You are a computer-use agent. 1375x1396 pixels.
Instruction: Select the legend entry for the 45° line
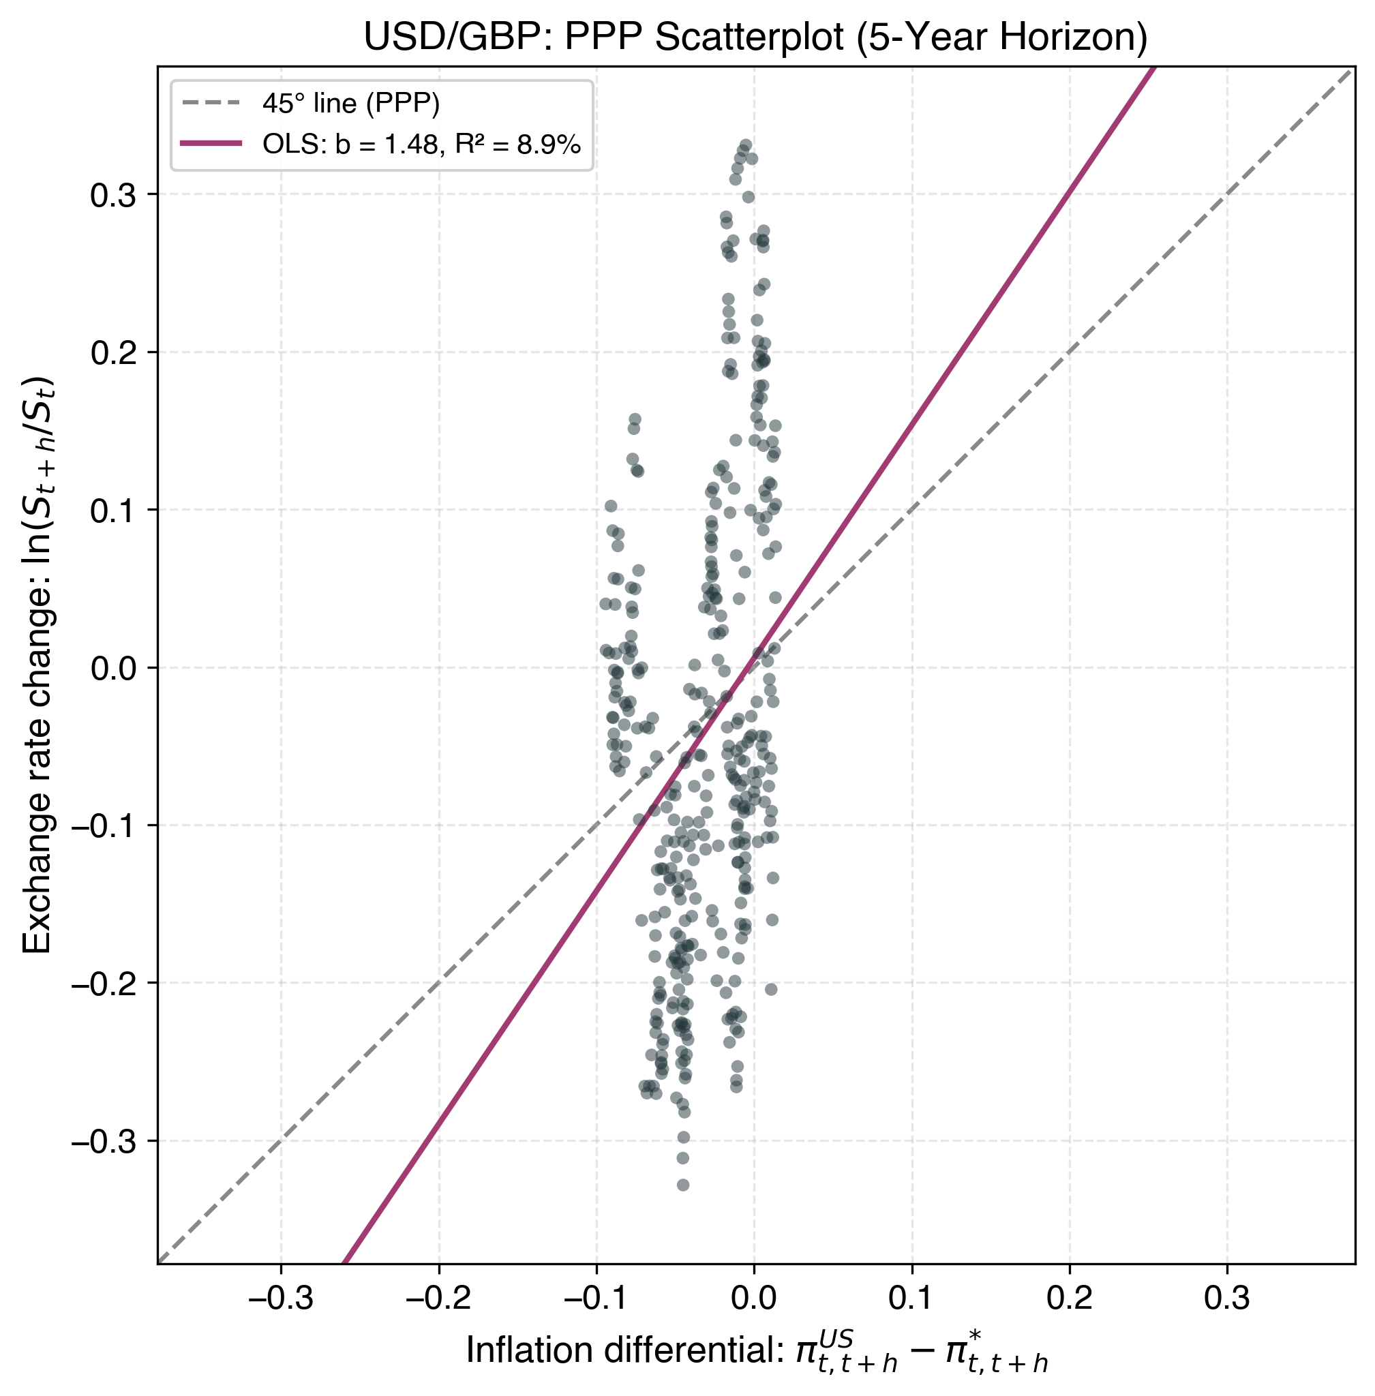coord(350,104)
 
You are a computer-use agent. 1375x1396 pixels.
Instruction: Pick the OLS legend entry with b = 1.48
coord(421,145)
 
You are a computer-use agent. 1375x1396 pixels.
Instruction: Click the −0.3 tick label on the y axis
coord(103,1141)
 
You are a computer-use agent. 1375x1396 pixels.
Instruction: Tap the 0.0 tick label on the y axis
coord(112,668)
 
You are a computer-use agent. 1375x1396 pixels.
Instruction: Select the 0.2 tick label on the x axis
coord(1070,1297)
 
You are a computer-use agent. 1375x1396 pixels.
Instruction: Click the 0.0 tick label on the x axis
coord(754,1297)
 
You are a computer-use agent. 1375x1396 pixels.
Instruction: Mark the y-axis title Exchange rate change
coord(37,665)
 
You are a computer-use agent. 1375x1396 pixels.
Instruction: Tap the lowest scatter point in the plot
coord(682,1185)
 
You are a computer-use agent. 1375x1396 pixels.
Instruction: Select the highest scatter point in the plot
coord(746,146)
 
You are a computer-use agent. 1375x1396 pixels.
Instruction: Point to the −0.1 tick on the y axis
coord(103,825)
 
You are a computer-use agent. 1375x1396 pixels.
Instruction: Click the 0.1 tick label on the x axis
coord(912,1297)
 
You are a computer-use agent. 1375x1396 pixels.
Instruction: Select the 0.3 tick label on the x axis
coord(1227,1297)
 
